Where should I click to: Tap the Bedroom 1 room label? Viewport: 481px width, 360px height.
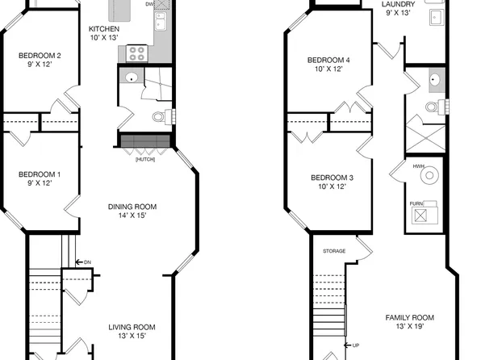point(40,179)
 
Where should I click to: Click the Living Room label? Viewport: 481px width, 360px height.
point(132,331)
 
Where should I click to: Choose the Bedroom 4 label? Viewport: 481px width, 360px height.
point(328,65)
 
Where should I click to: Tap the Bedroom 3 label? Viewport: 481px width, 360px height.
point(331,182)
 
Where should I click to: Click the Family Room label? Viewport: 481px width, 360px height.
point(409,322)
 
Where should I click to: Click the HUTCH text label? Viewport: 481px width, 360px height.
point(145,159)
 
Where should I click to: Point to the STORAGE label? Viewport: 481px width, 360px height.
point(334,251)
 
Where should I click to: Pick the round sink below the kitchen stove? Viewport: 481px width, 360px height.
point(131,78)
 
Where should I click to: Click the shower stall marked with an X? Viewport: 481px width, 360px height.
point(425,133)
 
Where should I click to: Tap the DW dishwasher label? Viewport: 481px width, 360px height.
point(150,4)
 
